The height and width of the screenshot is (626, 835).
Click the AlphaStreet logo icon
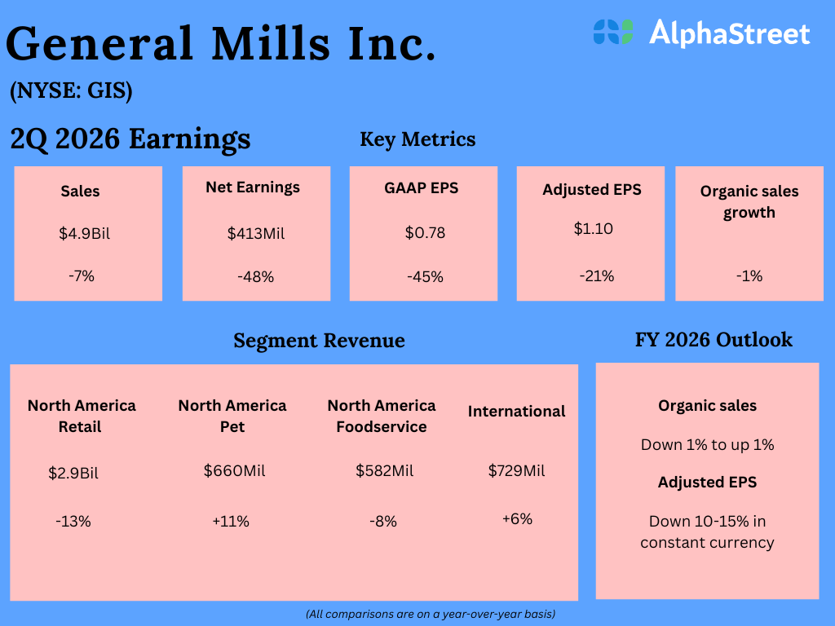tap(613, 32)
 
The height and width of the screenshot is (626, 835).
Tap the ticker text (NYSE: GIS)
tap(71, 91)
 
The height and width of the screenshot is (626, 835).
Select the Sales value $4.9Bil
tap(84, 234)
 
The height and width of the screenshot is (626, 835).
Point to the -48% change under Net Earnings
tap(256, 277)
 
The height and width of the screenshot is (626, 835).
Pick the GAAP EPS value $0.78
tap(425, 233)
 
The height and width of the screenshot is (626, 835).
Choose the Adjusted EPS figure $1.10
tap(593, 229)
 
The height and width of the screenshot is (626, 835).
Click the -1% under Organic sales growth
tap(749, 276)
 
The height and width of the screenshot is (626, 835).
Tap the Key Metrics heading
tap(417, 139)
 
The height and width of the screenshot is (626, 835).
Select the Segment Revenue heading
tap(319, 340)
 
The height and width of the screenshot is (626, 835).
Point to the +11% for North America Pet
tap(231, 521)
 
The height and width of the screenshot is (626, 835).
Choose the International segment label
tap(516, 412)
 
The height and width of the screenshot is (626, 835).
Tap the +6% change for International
tap(517, 518)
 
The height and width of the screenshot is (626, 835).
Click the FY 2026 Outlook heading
tap(714, 340)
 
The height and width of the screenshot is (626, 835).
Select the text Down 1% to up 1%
tap(707, 445)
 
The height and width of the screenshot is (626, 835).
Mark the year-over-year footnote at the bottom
tap(431, 614)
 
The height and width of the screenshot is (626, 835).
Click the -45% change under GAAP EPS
tap(425, 277)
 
